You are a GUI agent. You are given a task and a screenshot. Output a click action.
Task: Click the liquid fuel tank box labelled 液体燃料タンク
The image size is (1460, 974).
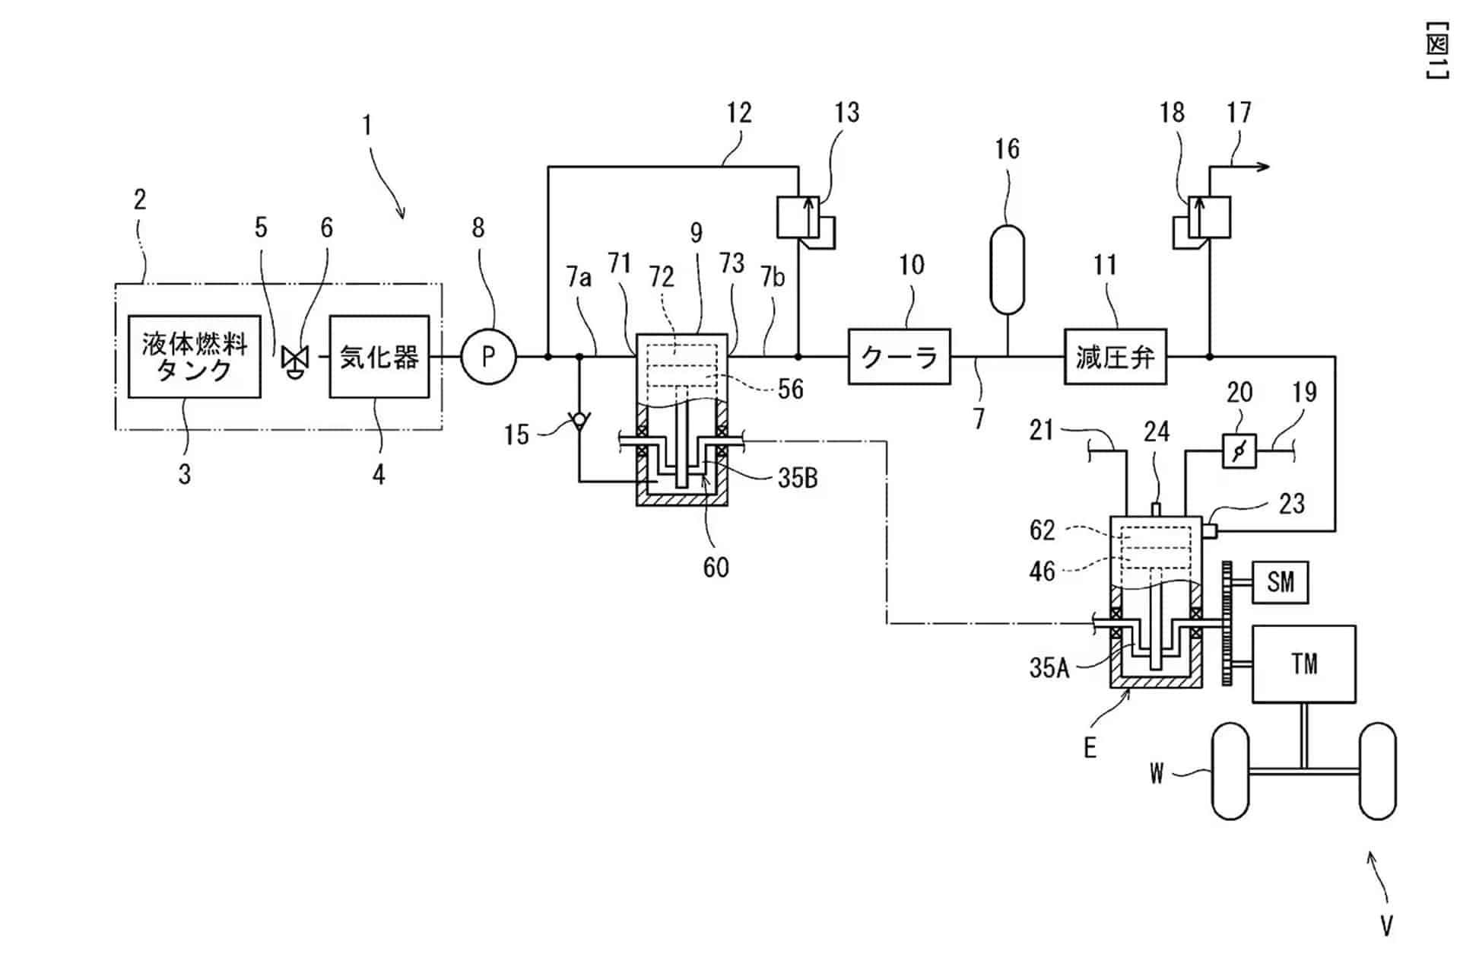[x=194, y=356]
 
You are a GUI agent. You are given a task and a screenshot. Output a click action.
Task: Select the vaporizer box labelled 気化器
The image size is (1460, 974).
[x=379, y=356]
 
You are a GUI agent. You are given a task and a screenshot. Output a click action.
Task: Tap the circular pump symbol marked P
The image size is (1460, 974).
[x=488, y=355]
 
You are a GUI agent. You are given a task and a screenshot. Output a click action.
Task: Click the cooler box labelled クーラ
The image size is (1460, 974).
[x=899, y=356]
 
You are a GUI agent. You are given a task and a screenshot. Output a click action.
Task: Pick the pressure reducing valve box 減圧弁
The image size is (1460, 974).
[x=1115, y=356]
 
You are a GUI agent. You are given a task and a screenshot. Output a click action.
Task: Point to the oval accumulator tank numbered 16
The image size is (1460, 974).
[x=1008, y=269]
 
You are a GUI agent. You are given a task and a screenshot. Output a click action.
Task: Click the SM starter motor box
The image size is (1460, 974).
[x=1281, y=582]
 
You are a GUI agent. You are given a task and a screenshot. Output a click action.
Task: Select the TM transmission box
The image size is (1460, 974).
[x=1303, y=664]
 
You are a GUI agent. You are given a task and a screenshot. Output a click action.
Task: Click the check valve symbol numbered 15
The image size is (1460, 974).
[x=579, y=419]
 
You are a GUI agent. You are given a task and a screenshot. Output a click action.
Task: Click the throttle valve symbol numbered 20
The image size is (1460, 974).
[x=1239, y=451]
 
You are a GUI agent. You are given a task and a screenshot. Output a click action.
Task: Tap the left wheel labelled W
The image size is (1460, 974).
[x=1230, y=771]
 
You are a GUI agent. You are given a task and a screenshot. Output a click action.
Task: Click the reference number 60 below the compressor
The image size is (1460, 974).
[x=716, y=567]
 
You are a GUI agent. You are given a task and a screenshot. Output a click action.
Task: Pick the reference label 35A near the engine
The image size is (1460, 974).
[x=1049, y=667]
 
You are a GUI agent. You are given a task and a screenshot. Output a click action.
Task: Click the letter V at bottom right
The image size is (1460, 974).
[x=1386, y=925]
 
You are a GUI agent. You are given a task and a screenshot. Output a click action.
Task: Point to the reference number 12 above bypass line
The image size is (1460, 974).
[x=738, y=113]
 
